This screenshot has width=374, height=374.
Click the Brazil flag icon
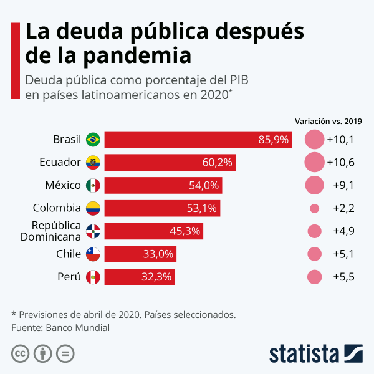[x=93, y=139]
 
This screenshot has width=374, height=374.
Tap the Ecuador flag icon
[x=93, y=162]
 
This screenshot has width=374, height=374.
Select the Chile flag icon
[x=93, y=254]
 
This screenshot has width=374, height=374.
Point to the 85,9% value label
[x=274, y=140]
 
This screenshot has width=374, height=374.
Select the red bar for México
[x=163, y=185]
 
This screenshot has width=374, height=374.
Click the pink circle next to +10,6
[x=314, y=162]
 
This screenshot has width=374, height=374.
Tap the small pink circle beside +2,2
[x=314, y=208]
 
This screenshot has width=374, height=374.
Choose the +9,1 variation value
[x=340, y=185]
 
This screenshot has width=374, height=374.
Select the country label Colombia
[x=57, y=208]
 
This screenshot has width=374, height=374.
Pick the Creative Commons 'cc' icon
[x=21, y=353]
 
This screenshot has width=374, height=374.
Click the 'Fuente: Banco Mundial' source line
[x=60, y=327]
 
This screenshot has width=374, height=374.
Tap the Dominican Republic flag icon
[x=93, y=231]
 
